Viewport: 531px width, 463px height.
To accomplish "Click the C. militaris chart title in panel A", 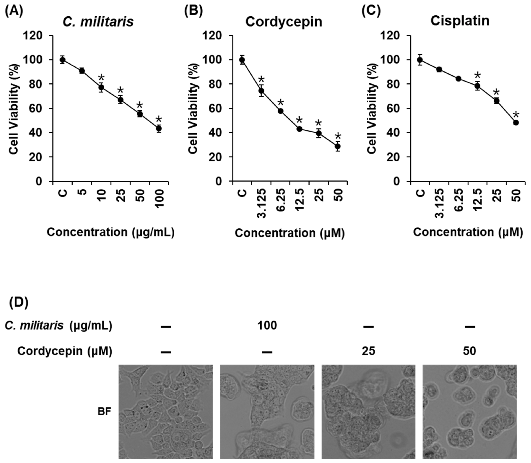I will tap(98, 22).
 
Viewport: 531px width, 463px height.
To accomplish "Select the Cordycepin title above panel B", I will tap(284, 22).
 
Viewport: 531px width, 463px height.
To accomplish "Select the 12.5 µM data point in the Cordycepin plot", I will tap(299, 129).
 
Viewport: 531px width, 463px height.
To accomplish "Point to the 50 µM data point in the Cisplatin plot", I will tap(516, 122).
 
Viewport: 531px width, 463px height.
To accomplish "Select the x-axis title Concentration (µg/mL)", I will tap(111, 232).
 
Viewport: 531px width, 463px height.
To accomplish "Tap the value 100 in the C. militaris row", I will tap(267, 326).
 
